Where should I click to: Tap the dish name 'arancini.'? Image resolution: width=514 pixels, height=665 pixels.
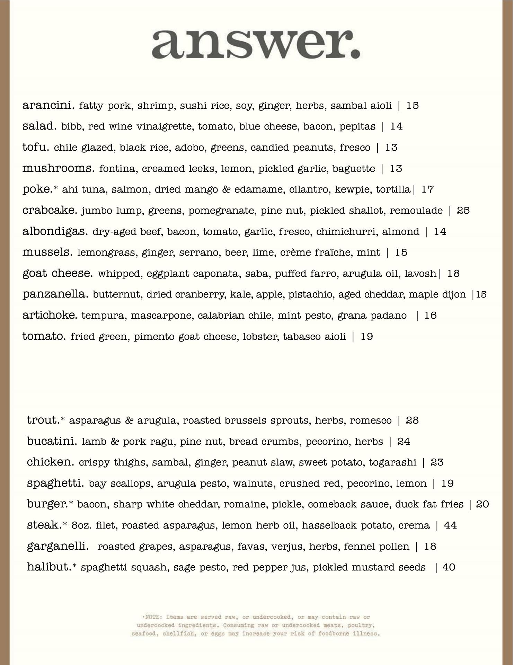pos(48,105)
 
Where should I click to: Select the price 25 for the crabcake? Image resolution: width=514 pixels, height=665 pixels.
pos(463,211)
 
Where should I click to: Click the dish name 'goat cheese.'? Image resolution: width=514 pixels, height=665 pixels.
pos(57,273)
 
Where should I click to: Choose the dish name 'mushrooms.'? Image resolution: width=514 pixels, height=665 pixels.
pos(58,169)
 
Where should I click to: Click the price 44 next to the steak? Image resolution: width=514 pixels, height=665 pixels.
pos(450,525)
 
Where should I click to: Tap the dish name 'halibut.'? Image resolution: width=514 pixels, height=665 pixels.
pos(49,567)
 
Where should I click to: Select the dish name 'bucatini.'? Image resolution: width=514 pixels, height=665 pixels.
pos(52,442)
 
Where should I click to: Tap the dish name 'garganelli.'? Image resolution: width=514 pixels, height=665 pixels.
pos(57,547)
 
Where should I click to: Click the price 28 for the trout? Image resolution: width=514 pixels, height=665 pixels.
pos(412,420)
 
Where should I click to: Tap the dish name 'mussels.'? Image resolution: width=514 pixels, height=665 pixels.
pos(47,252)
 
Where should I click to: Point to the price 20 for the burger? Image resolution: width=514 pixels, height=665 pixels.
pos(482,504)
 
